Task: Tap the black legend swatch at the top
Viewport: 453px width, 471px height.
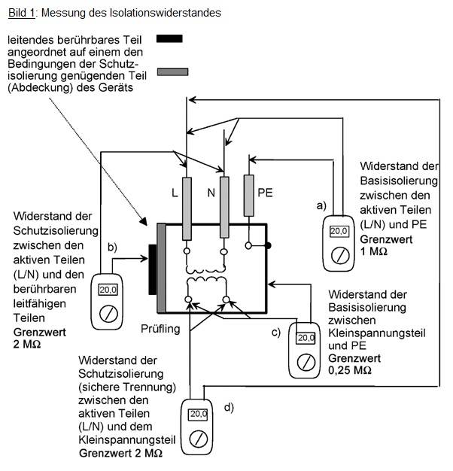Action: tap(170, 38)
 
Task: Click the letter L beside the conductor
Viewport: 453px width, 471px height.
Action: tap(175, 193)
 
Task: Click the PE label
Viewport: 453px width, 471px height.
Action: tap(265, 193)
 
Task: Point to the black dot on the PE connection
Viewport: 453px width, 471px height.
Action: tap(267, 245)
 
